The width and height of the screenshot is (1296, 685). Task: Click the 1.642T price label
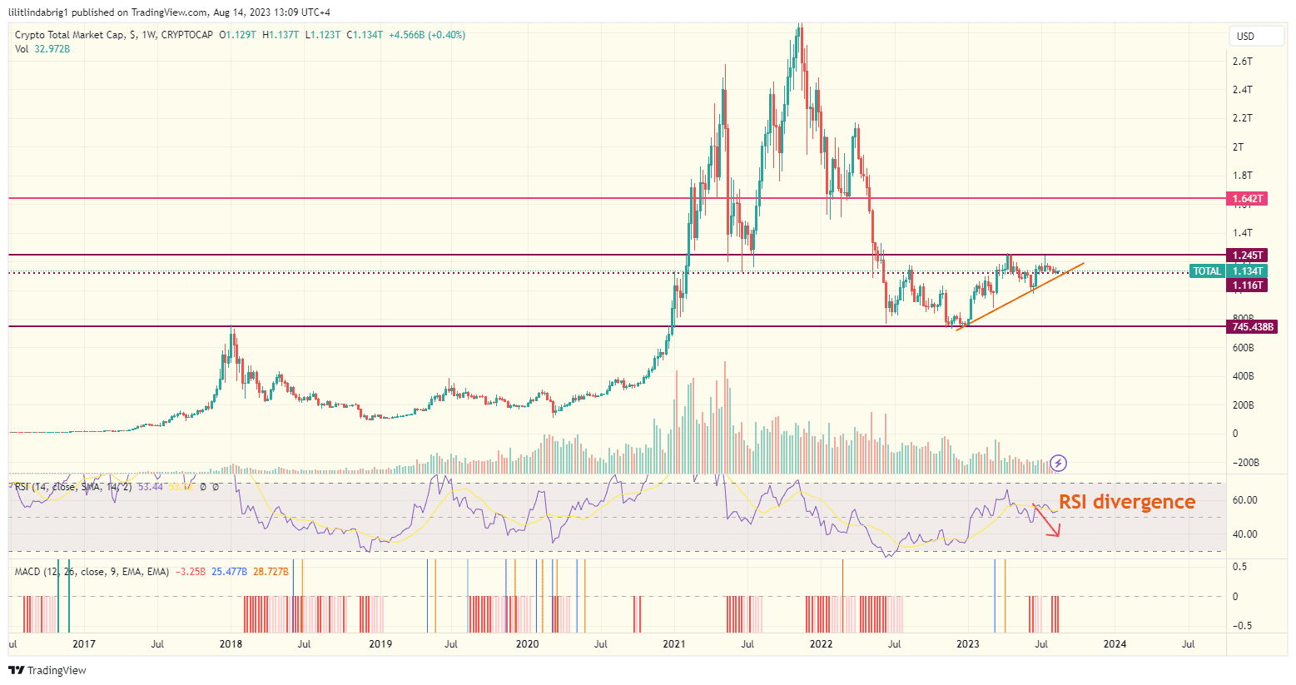coord(1248,199)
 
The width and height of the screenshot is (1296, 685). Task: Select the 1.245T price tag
coord(1248,256)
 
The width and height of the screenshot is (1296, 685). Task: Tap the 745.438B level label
coord(1253,327)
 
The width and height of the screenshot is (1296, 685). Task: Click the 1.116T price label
coord(1248,285)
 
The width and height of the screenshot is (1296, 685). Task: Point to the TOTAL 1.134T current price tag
coord(1229,271)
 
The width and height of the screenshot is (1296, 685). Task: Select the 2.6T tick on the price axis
coord(1242,62)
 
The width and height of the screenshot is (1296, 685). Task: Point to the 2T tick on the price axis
coord(1238,147)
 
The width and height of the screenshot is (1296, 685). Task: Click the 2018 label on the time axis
coord(231,644)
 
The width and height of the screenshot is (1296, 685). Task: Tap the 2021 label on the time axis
coord(674,644)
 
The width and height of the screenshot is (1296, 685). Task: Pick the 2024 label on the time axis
coord(1115,644)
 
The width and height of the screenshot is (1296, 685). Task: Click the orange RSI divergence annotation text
coord(1126,502)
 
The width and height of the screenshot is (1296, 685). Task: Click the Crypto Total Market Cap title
coord(71,35)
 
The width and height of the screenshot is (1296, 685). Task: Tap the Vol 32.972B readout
coord(42,49)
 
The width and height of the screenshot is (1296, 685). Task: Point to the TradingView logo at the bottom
coord(47,670)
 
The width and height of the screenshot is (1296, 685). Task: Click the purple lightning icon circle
coord(1058,463)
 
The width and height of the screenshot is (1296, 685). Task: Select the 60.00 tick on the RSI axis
coord(1244,500)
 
